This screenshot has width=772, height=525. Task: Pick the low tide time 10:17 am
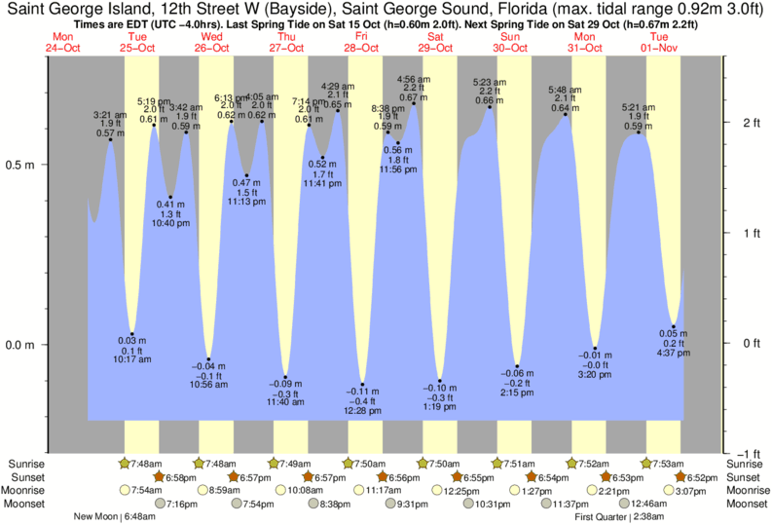[133, 359]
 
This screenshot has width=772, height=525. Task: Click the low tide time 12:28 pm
[362, 410]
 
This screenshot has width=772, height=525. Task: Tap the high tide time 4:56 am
[415, 79]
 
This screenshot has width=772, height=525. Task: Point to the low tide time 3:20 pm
[594, 374]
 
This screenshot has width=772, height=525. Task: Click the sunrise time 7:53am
[672, 463]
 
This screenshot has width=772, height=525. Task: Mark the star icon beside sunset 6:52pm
[680, 476]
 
